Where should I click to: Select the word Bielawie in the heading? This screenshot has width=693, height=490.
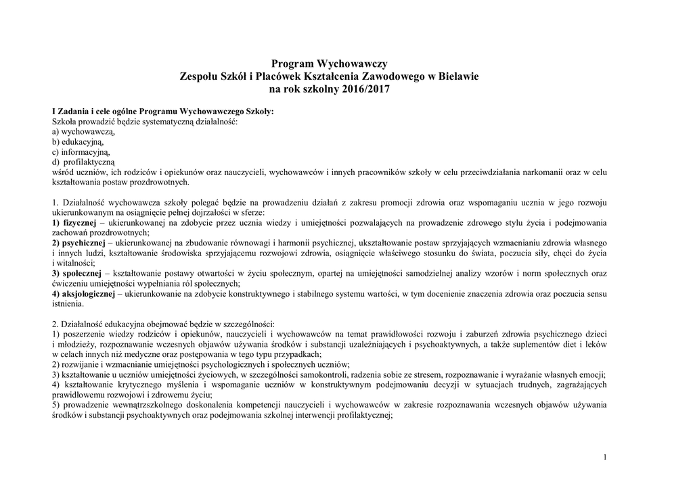tap(457, 76)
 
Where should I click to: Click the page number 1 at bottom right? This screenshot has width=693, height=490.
tap(604, 458)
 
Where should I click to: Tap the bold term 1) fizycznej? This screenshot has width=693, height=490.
tap(74, 222)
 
